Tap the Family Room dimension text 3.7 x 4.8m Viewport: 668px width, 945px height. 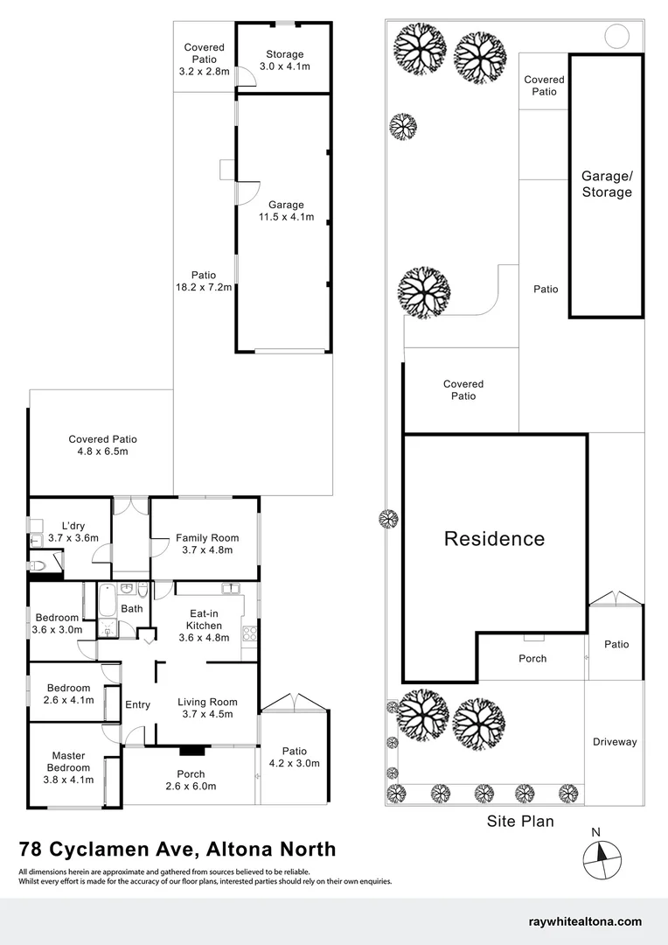pyautogui.click(x=204, y=550)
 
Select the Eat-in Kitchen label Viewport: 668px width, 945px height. pyautogui.click(x=204, y=626)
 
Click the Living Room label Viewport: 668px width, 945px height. pyautogui.click(x=207, y=702)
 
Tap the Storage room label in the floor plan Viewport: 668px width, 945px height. pyautogui.click(x=284, y=54)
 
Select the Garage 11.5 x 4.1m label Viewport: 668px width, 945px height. pyautogui.click(x=286, y=211)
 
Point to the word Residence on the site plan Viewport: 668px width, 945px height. pyautogui.click(x=494, y=539)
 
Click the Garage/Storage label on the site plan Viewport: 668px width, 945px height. pyautogui.click(x=606, y=184)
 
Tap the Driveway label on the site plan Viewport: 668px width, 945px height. pyautogui.click(x=615, y=742)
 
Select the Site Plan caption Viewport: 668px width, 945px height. pyautogui.click(x=520, y=822)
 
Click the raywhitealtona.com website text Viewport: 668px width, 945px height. pyautogui.click(x=585, y=921)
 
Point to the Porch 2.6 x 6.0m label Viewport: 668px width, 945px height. pyautogui.click(x=191, y=780)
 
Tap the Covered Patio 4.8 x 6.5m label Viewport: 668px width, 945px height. pyautogui.click(x=102, y=445)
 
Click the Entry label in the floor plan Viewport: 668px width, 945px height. pyautogui.click(x=137, y=704)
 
